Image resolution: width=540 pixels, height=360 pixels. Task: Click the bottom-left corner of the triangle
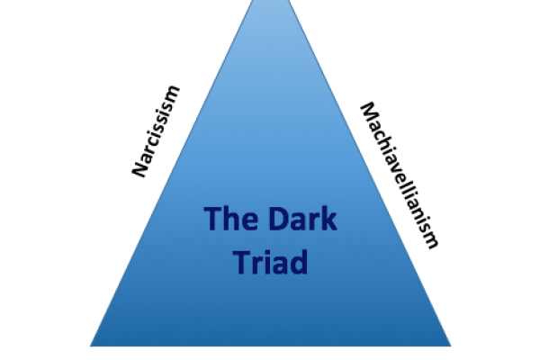tap(91, 345)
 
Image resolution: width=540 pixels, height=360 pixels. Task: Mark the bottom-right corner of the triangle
tap(449, 345)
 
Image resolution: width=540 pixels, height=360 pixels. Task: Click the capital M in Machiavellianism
tap(367, 110)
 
